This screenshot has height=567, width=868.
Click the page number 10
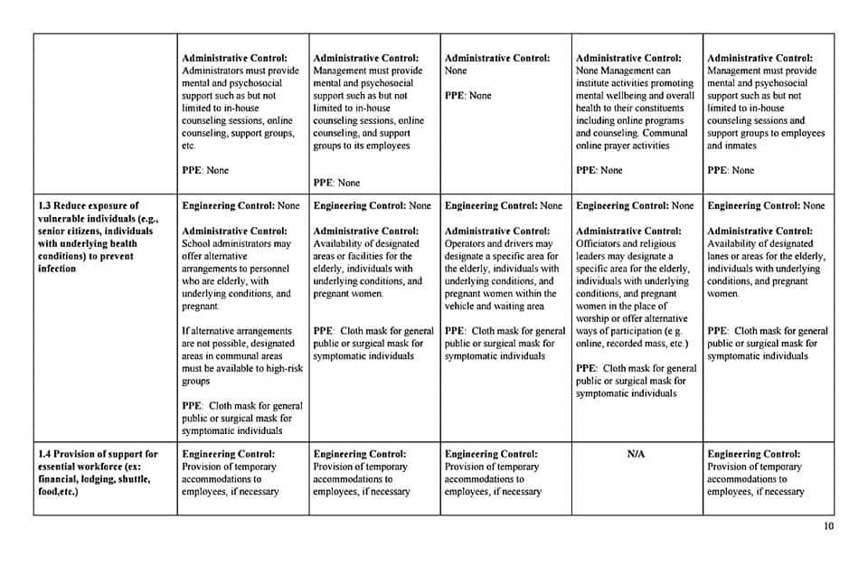tap(829, 526)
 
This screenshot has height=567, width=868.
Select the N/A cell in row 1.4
tap(636, 454)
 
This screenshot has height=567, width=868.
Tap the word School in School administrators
tap(195, 243)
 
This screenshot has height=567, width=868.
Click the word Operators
tap(467, 243)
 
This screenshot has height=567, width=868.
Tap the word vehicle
tap(464, 307)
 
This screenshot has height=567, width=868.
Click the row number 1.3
tap(46, 206)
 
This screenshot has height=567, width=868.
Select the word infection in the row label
tap(57, 269)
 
